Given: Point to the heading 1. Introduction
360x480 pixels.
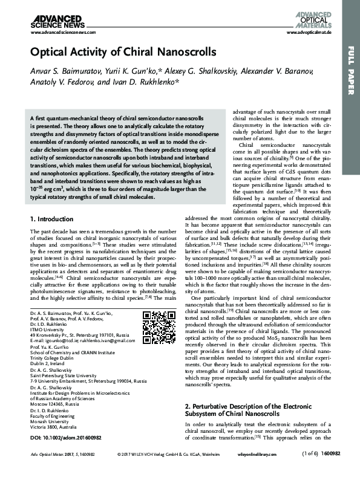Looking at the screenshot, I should pos(57,218).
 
